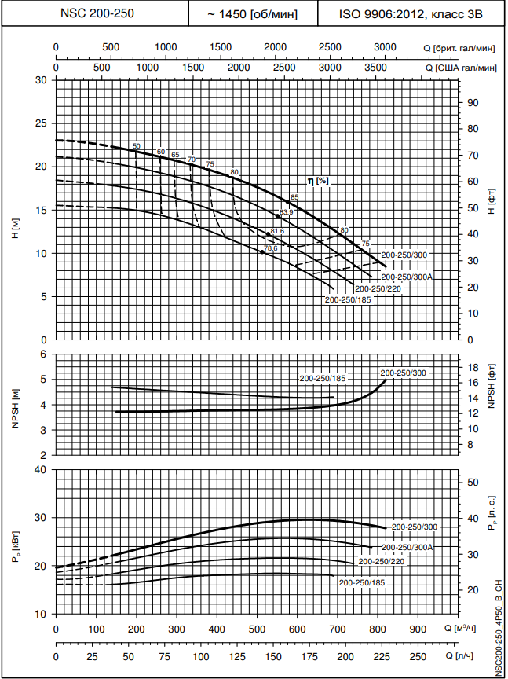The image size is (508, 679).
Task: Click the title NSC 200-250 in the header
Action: click(95, 13)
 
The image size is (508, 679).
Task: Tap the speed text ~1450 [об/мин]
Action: click(252, 14)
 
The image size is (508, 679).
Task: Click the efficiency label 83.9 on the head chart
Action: click(287, 212)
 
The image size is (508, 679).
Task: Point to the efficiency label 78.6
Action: click(271, 248)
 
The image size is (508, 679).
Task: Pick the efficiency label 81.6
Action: click(276, 231)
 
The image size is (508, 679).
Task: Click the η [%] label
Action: click(318, 181)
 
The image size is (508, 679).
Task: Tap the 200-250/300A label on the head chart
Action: click(407, 277)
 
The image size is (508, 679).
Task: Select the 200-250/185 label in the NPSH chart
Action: click(323, 379)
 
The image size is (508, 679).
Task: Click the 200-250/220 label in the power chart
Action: click(381, 562)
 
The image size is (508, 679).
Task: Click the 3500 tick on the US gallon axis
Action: click(377, 68)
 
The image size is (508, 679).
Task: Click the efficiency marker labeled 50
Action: click(136, 146)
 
